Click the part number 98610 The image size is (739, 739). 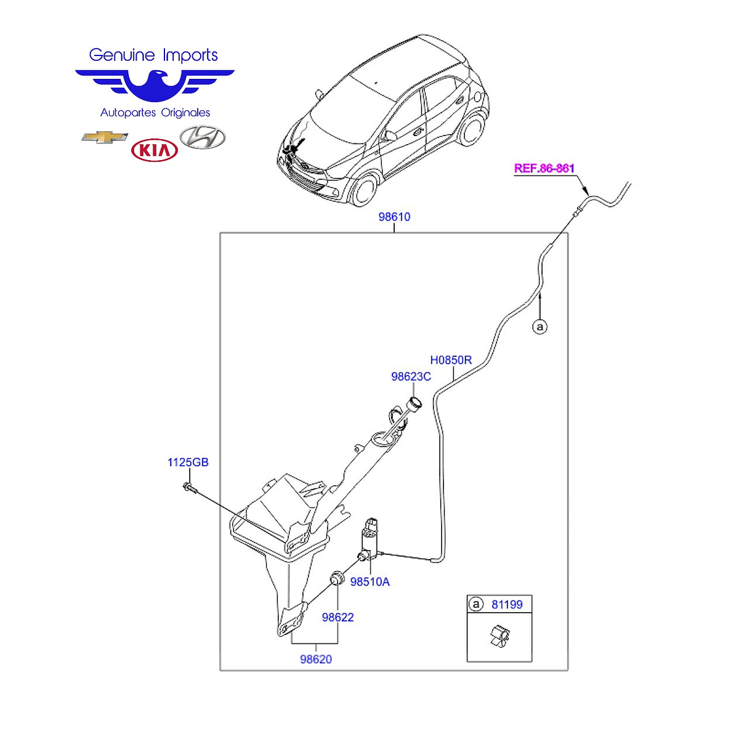click(394, 217)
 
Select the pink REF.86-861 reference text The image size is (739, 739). click(544, 168)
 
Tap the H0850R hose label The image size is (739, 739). click(451, 360)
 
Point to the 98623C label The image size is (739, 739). click(411, 376)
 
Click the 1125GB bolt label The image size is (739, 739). click(188, 462)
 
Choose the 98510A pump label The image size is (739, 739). click(369, 582)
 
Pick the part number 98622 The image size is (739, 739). click(337, 617)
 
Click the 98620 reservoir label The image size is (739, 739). click(316, 659)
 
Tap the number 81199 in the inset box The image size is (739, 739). click(507, 604)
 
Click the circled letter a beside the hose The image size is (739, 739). click(540, 327)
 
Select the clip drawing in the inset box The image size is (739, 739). click(500, 636)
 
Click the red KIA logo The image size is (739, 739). click(154, 150)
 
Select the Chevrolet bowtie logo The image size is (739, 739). click(104, 137)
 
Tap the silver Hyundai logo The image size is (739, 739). click(203, 137)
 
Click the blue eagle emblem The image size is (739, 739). click(155, 86)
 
